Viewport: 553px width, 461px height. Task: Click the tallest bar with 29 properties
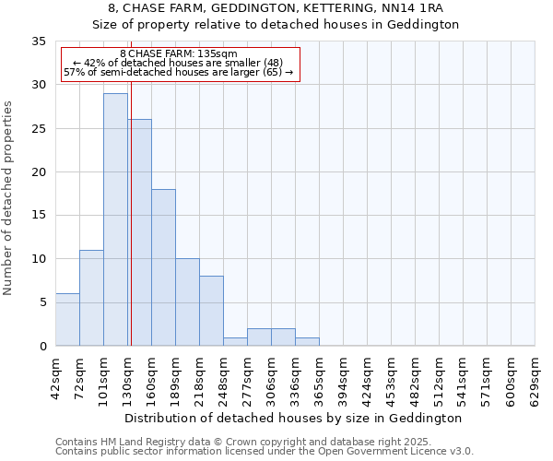(115, 219)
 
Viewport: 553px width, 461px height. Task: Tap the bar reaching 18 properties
(163, 267)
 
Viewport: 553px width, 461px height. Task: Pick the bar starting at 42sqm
(67, 320)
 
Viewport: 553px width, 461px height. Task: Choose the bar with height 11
(91, 298)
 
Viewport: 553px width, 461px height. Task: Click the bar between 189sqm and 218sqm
(187, 302)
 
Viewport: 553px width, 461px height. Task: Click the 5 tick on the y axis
(42, 302)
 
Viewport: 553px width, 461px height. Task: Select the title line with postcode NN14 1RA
(276, 8)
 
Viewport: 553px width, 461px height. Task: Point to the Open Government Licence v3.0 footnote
(265, 452)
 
